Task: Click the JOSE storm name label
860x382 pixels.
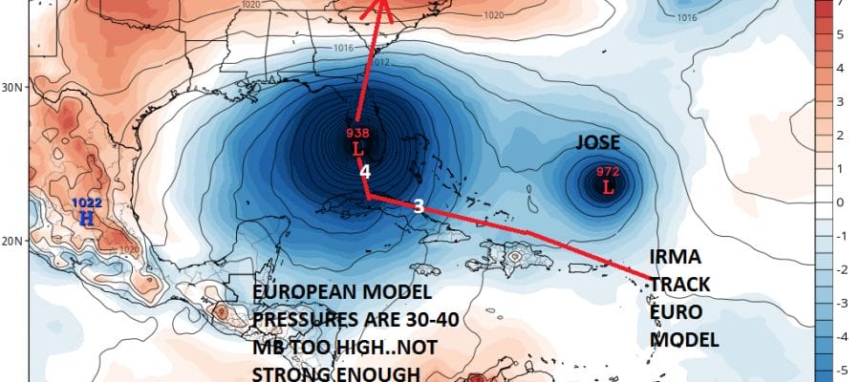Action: point(598,143)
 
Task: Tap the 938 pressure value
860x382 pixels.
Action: point(356,135)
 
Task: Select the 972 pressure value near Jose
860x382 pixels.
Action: point(608,172)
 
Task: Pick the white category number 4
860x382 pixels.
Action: point(364,172)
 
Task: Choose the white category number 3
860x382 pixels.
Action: point(418,204)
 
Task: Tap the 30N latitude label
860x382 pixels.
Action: point(11,87)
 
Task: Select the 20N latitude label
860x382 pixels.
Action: point(11,241)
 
